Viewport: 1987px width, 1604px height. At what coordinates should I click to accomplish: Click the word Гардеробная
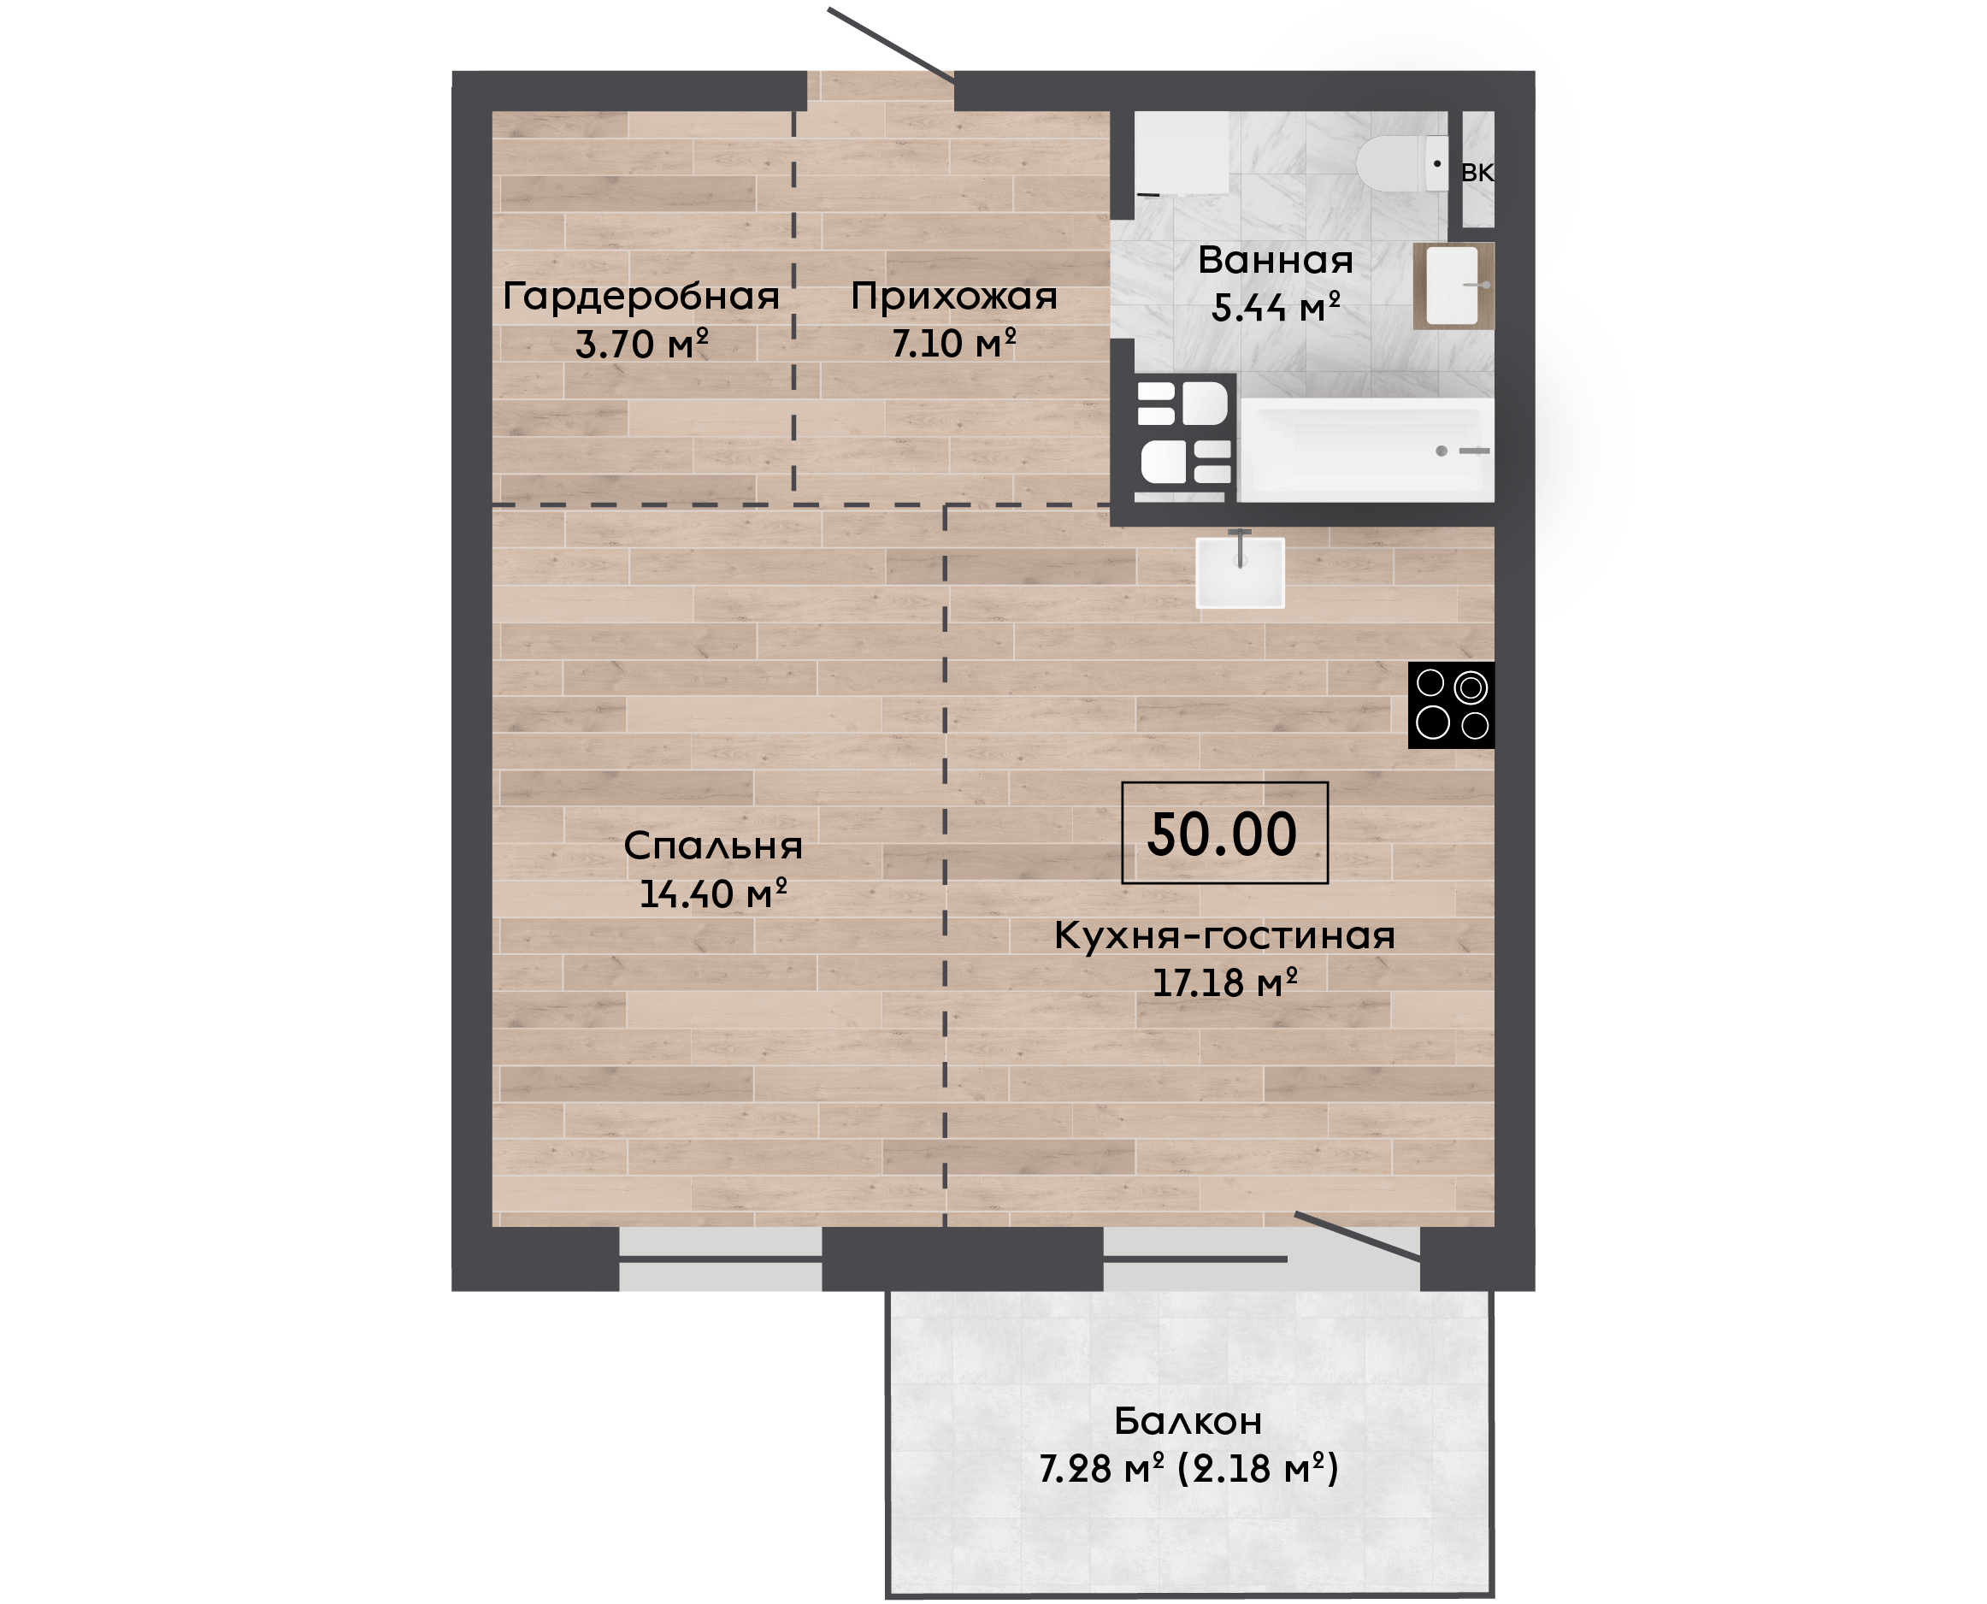pos(641,298)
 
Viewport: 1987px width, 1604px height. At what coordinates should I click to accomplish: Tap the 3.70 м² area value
pos(641,344)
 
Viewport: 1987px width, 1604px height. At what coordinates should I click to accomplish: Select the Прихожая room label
pos(953,297)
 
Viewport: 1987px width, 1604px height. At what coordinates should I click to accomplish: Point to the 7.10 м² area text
pos(953,343)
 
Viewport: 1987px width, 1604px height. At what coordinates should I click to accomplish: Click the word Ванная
pos(1276,260)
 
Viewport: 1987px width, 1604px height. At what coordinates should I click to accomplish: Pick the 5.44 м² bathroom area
pos(1276,307)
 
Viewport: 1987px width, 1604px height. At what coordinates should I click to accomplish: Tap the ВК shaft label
pos(1477,172)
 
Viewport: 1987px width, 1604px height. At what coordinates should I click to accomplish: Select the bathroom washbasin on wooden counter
pos(1453,286)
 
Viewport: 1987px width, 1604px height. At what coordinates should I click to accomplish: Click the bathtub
pos(1366,451)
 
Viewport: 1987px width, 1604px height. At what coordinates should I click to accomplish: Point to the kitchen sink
pos(1240,572)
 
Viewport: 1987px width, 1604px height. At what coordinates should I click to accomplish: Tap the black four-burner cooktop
pos(1451,705)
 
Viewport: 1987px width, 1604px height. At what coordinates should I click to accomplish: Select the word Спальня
pos(712,846)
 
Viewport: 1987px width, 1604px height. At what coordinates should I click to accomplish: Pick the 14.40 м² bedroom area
pos(712,893)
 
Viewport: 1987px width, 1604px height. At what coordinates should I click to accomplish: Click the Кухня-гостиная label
pos(1224,936)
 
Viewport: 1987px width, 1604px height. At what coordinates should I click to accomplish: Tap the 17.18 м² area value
pos(1224,982)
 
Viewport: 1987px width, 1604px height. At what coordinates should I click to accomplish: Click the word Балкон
pos(1188,1421)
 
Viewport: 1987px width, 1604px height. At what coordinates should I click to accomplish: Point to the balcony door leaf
pos(1358,1236)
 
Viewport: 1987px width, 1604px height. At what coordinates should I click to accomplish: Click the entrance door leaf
pos(892,45)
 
